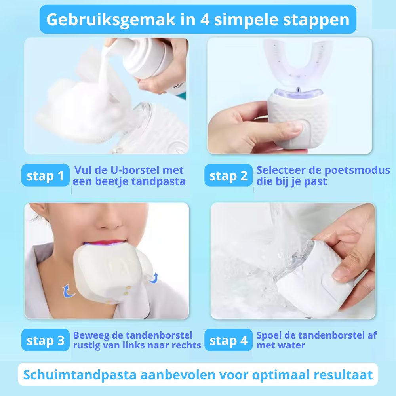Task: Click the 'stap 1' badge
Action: [x=46, y=175]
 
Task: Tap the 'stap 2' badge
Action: [x=228, y=175]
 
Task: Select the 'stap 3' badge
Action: [x=46, y=340]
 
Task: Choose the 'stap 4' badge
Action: [x=228, y=340]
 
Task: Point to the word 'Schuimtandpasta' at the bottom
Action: [x=80, y=375]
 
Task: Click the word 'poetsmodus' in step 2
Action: [x=357, y=171]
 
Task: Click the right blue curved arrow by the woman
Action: [x=154, y=278]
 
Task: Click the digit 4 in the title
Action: [x=205, y=20]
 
